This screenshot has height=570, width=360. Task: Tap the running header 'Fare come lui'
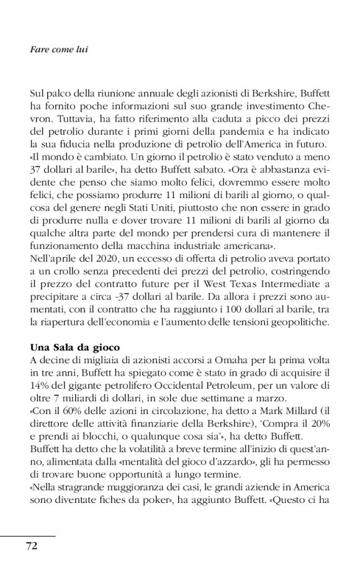pyautogui.click(x=58, y=49)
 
